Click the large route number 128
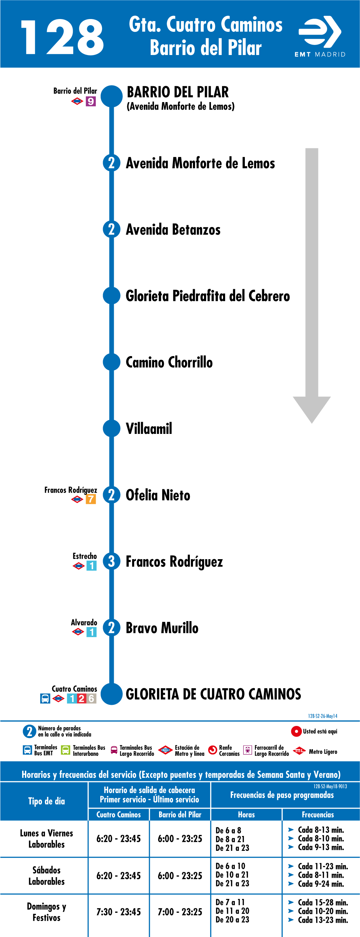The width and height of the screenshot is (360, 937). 63,37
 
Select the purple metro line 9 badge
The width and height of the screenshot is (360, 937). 91,101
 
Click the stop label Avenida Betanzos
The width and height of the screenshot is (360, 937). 173,229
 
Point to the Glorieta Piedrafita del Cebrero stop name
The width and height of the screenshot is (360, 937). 207,296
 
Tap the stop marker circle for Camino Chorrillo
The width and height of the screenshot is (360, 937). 112,362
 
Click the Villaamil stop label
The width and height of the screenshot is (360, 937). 149,428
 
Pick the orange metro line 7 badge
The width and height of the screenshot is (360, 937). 91,499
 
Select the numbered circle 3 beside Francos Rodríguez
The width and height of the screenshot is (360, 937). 112,561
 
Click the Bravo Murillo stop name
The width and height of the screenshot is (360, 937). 162,628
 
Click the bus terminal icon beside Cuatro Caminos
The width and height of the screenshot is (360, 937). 45,699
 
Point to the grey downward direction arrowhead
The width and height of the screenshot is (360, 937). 312,410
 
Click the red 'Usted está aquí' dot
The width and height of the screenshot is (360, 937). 296,731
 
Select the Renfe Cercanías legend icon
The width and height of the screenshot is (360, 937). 212,750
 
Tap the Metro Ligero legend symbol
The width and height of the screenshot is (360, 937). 299,751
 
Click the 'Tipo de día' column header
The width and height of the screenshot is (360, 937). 47,801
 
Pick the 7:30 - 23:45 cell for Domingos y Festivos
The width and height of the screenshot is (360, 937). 119,912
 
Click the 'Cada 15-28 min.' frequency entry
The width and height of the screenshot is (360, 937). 323,902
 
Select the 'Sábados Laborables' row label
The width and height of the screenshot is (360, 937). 47,876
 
